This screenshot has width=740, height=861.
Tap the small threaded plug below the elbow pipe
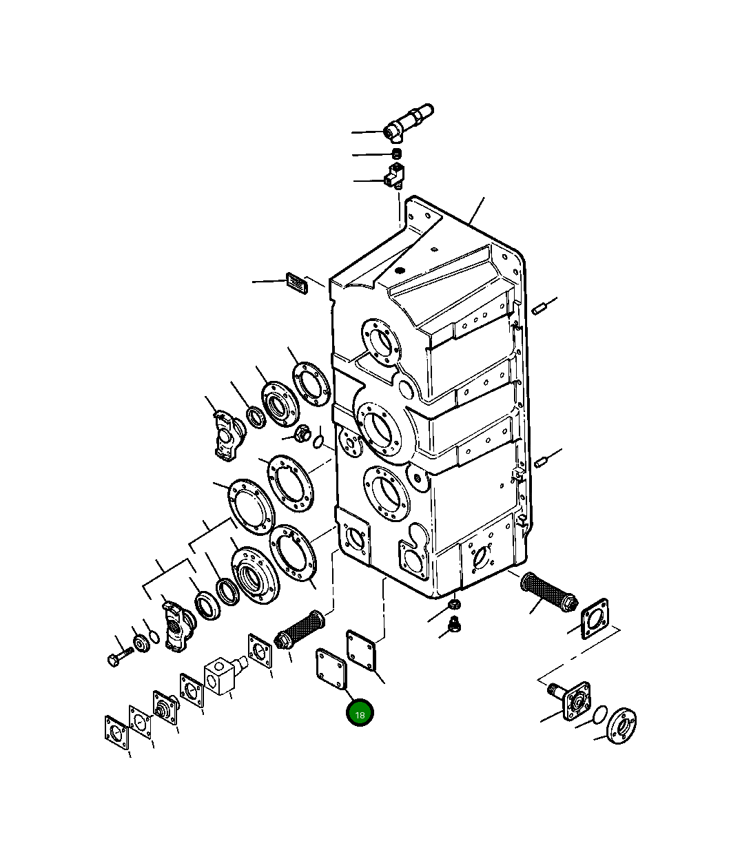tap(397, 154)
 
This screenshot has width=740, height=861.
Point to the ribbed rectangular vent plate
tap(297, 283)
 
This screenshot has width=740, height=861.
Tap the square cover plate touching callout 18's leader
tap(331, 669)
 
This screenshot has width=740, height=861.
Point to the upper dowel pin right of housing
tap(538, 310)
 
